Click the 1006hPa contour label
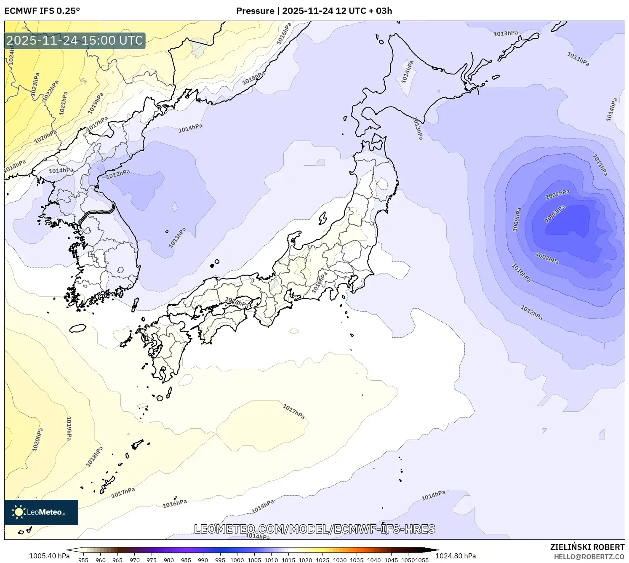click(554, 214)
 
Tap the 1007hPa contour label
click(557, 195)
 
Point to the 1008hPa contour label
click(547, 258)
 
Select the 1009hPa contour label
click(517, 219)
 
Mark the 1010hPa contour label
click(521, 273)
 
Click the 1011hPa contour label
click(600, 165)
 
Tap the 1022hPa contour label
click(50, 91)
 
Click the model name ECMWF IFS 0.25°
click(42, 11)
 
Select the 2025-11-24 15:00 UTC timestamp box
click(75, 40)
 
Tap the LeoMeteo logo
click(41, 512)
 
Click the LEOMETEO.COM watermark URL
click(314, 529)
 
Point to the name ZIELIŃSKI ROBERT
click(587, 547)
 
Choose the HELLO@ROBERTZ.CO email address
click(589, 557)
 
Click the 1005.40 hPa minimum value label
click(49, 556)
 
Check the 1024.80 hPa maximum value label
click(456, 556)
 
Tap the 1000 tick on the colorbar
click(237, 560)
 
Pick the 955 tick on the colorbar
click(83, 560)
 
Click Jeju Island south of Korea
click(77, 328)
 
